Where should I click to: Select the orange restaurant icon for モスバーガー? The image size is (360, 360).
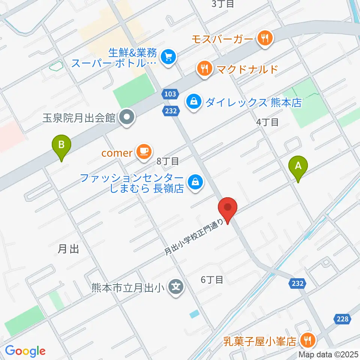(x=265, y=38)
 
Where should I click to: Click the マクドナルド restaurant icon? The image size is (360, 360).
(x=204, y=69)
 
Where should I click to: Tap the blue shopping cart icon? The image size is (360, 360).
(x=168, y=57)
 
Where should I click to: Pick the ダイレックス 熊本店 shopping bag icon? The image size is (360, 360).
(x=194, y=101)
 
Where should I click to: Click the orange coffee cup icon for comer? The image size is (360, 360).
(x=144, y=151)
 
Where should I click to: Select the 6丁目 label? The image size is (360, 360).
(x=212, y=279)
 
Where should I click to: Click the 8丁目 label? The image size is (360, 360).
(x=168, y=162)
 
